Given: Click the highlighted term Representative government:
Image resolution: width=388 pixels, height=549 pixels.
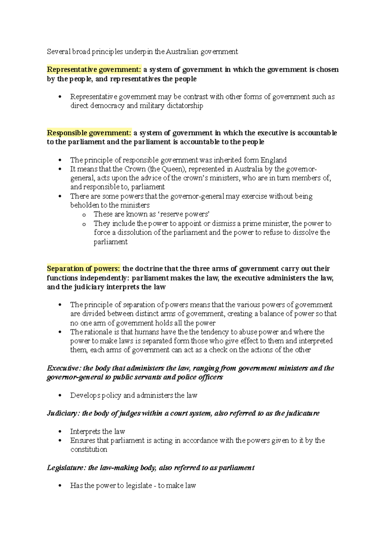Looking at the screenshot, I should point(94,70).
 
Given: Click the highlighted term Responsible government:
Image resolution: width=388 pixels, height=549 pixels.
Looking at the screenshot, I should point(89,133).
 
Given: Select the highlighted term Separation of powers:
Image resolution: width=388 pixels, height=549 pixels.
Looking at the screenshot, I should point(83,269).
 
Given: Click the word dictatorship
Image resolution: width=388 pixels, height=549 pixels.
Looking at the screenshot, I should point(185,106).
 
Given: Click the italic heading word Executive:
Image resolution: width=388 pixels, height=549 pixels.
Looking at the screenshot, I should point(64,368).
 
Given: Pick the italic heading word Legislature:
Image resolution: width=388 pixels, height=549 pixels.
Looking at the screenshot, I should point(66,468).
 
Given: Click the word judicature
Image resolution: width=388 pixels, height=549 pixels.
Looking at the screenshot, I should point(303,413).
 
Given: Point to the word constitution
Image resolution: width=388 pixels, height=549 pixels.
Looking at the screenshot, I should point(89,449).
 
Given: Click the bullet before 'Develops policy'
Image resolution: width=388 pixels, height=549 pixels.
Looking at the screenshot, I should point(60,395).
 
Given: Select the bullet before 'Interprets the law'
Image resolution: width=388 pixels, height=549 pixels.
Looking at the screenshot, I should point(60,432).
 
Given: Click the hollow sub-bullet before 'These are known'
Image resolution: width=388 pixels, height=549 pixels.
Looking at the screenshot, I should point(84,215).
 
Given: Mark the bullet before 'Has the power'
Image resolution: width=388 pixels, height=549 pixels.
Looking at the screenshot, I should point(60,486).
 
